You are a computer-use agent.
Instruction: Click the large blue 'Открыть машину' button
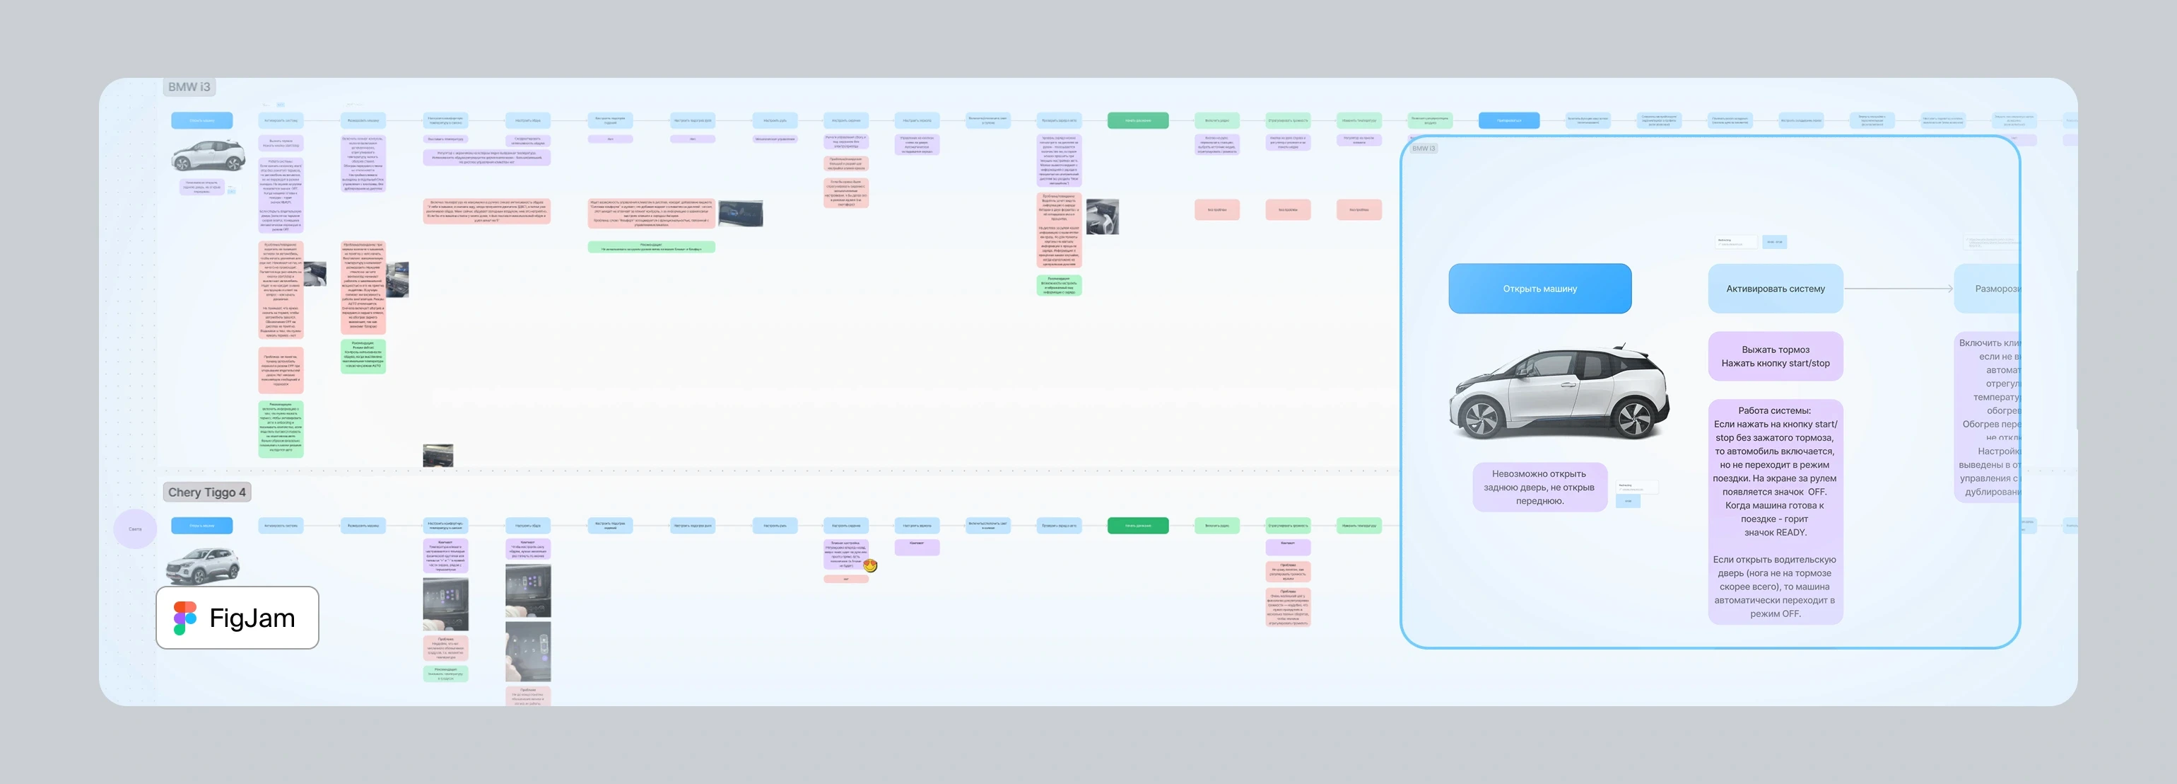1539,289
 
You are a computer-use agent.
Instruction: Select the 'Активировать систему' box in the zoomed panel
1775,289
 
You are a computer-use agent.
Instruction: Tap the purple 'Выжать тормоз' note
1775,356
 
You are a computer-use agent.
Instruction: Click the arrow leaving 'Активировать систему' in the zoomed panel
1898,289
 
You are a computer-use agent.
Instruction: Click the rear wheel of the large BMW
1634,417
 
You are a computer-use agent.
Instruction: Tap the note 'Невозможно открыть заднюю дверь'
1539,487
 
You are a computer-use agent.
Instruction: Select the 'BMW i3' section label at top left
189,87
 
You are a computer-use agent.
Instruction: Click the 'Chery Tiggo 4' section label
206,492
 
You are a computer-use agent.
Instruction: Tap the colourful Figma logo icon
185,618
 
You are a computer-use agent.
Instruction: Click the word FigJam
252,618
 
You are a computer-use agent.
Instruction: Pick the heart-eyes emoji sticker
871,565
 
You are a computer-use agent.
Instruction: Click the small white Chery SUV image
202,564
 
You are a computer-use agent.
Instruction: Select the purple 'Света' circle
135,529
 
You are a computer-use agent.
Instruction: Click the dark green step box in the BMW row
1137,120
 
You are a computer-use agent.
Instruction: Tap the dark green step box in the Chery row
1137,525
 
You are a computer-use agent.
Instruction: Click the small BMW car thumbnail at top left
208,156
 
